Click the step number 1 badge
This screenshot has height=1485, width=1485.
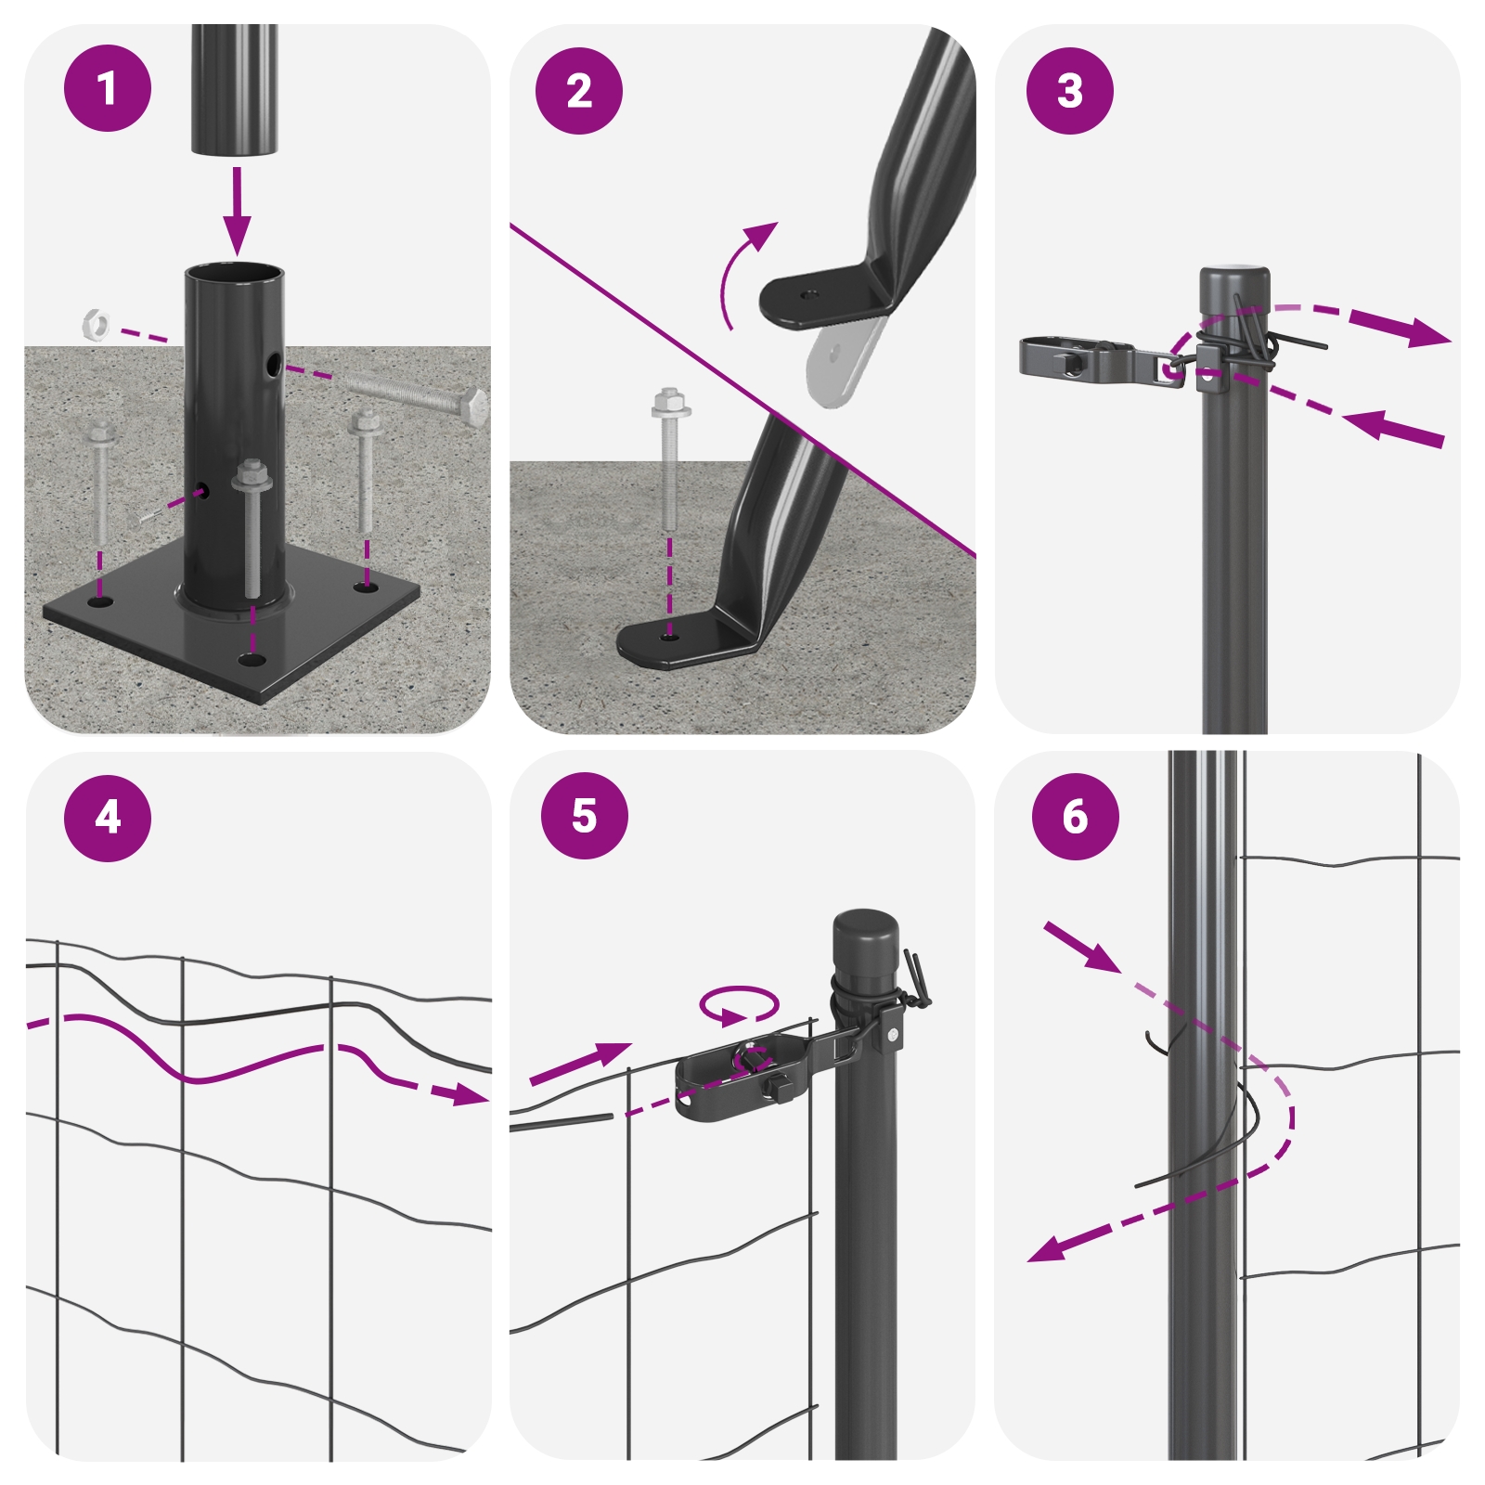point(107,88)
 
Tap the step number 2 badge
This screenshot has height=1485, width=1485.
point(579,91)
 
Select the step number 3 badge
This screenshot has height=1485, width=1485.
point(1070,91)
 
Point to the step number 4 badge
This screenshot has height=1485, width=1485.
point(108,818)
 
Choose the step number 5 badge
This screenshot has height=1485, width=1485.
point(585,815)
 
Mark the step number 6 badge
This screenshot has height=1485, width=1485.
point(1076,817)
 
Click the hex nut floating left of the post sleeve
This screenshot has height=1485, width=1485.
point(96,324)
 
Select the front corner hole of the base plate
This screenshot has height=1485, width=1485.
point(250,660)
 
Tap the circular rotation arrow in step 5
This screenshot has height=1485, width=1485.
point(739,1005)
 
